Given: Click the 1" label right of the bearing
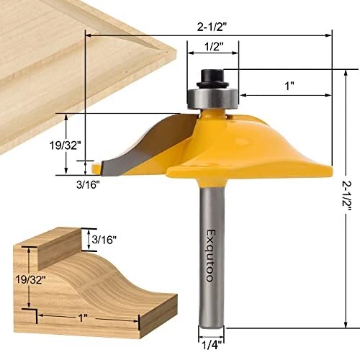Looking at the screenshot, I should click(290, 86).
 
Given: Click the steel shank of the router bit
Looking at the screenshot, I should click(208, 288).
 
